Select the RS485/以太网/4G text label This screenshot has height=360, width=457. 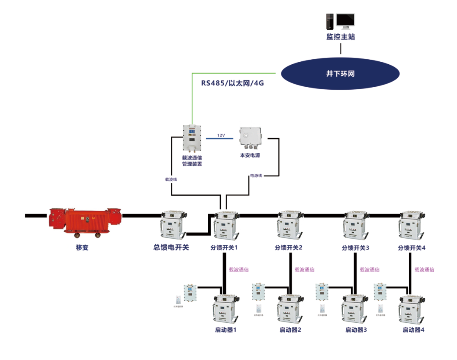click(232, 83)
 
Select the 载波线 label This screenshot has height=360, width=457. click(171, 179)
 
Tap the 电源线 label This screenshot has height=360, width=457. click(256, 175)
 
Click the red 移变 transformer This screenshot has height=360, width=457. click(85, 222)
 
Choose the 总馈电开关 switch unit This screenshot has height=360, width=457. click(172, 225)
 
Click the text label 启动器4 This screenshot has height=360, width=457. click(413, 330)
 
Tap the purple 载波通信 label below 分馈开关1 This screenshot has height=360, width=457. click(239, 269)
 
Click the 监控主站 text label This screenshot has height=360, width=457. click(340, 37)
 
